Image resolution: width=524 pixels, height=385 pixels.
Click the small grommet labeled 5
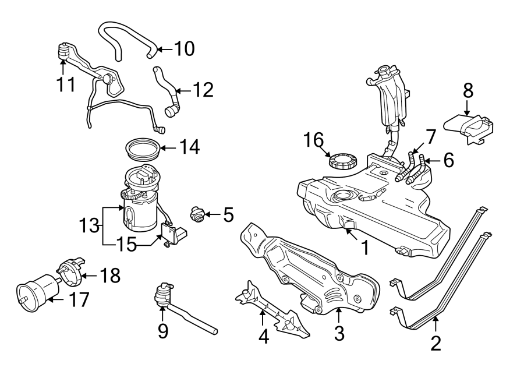[199, 216]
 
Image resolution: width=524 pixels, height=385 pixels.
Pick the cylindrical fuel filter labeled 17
[38, 291]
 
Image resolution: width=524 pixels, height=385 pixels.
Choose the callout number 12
[203, 90]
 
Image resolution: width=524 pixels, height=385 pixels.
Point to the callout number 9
[162, 331]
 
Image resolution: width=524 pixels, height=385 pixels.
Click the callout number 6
[448, 160]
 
